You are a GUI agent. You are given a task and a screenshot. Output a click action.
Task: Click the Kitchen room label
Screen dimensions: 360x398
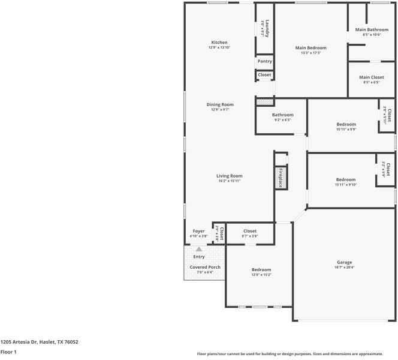tap(219, 42)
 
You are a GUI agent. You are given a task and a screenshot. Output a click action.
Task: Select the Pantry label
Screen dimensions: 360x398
tap(264, 61)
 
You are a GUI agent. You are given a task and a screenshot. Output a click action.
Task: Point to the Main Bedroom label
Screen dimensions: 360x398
tap(310, 47)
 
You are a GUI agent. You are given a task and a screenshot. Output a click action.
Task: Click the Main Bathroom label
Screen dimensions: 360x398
tap(372, 29)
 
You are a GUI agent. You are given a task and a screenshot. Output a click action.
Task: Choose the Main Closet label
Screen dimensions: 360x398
tap(372, 77)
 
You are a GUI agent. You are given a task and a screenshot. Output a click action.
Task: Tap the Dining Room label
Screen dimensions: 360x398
tap(219, 104)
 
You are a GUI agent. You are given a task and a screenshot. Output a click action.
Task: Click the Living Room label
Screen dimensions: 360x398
tap(229, 176)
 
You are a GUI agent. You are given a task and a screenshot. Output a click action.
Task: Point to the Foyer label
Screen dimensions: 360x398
tap(198, 231)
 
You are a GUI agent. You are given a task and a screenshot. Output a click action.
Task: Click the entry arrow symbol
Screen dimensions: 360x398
tap(198, 248)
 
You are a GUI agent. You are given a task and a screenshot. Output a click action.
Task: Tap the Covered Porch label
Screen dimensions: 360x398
tap(205, 267)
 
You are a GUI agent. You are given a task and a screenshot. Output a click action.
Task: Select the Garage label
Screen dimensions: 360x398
tap(344, 262)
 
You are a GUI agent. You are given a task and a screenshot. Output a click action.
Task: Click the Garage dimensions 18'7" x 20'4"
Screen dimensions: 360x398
tap(344, 268)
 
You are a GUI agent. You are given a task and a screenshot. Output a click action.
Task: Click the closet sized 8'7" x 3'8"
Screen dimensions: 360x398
tap(250, 231)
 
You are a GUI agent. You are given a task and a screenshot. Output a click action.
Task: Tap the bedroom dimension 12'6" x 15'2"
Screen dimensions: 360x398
tap(261, 275)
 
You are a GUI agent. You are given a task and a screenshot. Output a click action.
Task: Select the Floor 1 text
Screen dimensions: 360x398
tap(8, 352)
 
